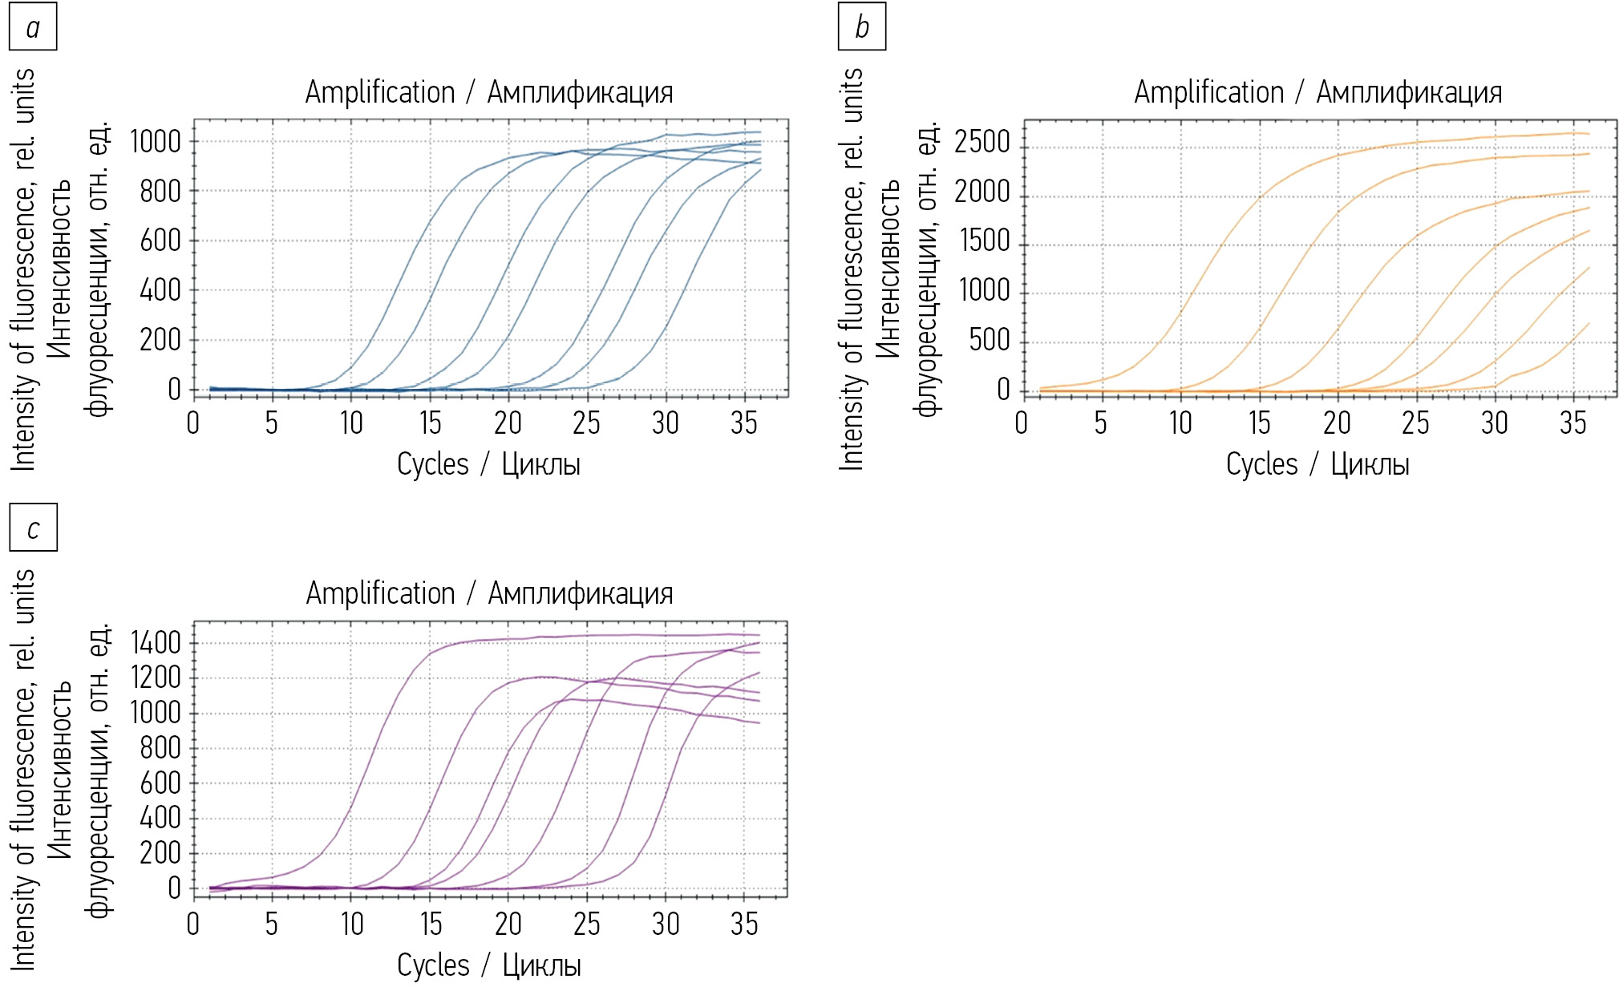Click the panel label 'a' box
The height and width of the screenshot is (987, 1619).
[33, 27]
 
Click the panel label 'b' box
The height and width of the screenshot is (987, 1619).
[862, 27]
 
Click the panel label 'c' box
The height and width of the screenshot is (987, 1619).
[33, 528]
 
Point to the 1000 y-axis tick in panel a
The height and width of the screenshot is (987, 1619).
[156, 142]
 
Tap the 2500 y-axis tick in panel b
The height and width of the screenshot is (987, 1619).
[982, 142]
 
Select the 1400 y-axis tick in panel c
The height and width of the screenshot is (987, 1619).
[156, 643]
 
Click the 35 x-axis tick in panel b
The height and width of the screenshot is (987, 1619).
[1573, 423]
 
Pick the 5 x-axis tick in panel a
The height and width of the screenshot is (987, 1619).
[272, 423]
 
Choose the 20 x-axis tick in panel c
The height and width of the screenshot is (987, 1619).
[508, 924]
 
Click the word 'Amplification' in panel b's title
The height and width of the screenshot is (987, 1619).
[1208, 92]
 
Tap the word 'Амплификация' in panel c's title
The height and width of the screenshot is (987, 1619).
[581, 593]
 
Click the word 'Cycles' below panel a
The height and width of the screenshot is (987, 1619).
[433, 464]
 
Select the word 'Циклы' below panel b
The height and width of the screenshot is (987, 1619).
[1370, 464]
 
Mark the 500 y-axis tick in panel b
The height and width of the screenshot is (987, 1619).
[990, 340]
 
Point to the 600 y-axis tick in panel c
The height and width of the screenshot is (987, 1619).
[160, 783]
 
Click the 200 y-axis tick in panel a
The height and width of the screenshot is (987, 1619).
[160, 340]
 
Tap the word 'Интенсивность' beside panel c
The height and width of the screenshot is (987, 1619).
[60, 770]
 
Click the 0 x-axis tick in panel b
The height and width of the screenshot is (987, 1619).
[1022, 423]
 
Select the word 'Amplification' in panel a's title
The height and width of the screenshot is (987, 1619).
[380, 92]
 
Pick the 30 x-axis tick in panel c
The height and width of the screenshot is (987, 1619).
[666, 924]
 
